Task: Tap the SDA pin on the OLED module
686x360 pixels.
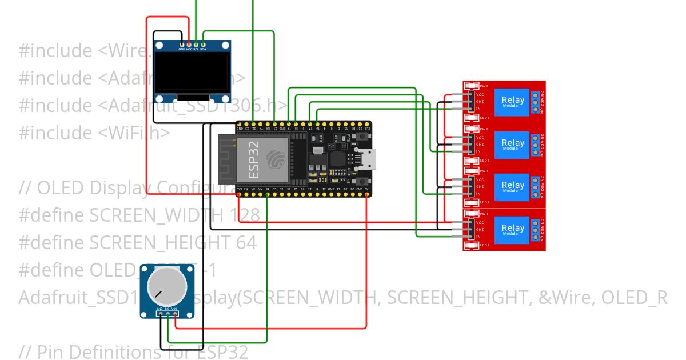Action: pos(203,44)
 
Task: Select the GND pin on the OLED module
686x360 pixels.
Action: pos(182,44)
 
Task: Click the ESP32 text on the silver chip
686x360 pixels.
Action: pos(254,157)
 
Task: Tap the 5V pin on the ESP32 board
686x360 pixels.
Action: pos(366,194)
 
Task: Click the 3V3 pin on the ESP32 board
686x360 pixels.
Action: pos(239,194)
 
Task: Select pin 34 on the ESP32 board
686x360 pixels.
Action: pos(268,194)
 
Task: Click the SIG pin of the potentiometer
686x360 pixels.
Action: pos(167,313)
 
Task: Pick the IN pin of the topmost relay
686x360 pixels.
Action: pos(470,109)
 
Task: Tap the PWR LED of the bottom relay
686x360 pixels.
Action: pos(472,214)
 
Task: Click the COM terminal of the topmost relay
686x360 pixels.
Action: pos(535,102)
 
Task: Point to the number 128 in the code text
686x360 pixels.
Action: pos(245,215)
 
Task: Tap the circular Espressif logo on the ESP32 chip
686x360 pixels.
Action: pos(276,158)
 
